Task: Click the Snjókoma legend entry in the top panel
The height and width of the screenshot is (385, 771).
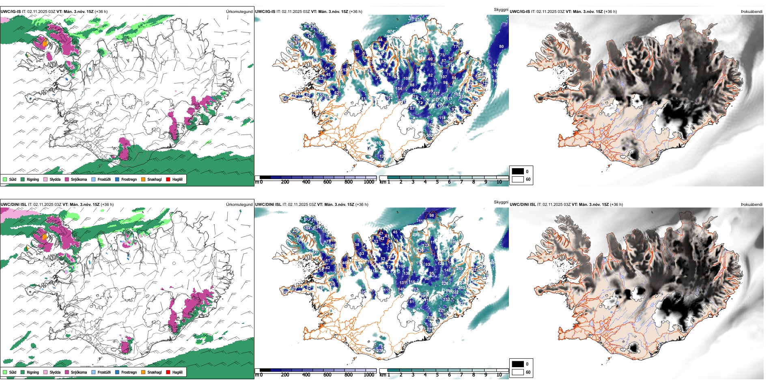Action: tap(79, 179)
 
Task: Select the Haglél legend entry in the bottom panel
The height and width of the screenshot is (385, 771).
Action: tap(177, 372)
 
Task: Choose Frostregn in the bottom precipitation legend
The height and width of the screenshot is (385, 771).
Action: tap(129, 372)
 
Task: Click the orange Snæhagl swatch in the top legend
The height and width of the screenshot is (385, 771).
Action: tap(143, 179)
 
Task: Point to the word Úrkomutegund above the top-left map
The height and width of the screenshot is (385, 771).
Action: tap(239, 11)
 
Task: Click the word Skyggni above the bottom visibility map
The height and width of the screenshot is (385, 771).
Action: tap(501, 202)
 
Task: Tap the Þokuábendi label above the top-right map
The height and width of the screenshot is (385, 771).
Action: tap(751, 11)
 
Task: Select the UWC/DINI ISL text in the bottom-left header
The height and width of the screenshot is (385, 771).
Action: tap(13, 204)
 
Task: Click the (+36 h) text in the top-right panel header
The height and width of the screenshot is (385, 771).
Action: tap(610, 11)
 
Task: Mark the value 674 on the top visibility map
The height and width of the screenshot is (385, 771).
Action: tap(391, 32)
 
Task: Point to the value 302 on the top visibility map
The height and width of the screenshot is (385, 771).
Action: tap(429, 136)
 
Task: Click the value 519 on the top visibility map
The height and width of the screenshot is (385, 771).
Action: tap(378, 143)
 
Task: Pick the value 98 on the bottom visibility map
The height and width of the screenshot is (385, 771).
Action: tap(431, 215)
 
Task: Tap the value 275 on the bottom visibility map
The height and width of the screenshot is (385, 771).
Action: tap(380, 351)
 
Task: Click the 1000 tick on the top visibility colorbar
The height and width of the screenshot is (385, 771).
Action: tap(369, 182)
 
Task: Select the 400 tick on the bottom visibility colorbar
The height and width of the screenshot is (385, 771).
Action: tap(306, 375)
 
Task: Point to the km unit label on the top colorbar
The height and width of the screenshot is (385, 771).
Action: tap(383, 182)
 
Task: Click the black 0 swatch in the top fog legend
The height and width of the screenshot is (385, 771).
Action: tap(518, 171)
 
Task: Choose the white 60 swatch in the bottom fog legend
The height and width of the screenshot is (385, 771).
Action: tap(518, 372)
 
